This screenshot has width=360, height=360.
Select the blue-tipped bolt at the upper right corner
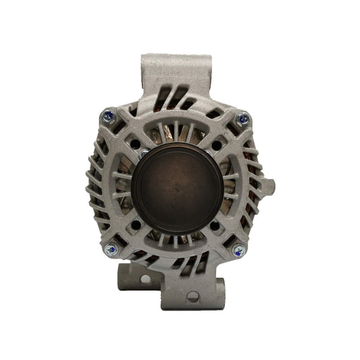coord(243,119)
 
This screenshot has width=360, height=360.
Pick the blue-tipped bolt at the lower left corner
coord(110,250)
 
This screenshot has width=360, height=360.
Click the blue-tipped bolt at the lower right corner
coord(238,251)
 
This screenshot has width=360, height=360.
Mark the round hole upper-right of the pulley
coord(216,145)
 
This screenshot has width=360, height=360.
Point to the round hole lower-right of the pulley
coord(215,226)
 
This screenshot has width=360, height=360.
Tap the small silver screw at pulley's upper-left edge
coord(143,153)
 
